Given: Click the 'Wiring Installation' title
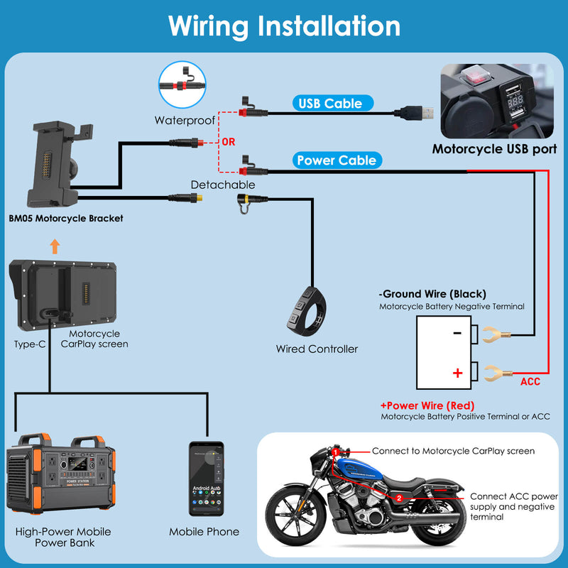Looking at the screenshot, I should [284, 26].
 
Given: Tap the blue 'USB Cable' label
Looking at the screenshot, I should [330, 104].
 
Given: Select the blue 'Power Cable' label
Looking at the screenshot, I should [337, 160].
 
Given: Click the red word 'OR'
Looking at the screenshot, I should [229, 142].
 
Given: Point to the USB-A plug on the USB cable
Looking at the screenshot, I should [413, 112].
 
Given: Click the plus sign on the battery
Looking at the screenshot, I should [457, 373].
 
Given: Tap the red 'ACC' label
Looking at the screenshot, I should [530, 382].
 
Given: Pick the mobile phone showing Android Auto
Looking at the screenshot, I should [206, 479].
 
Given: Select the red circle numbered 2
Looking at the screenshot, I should [399, 498].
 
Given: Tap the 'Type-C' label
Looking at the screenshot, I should [30, 344].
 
